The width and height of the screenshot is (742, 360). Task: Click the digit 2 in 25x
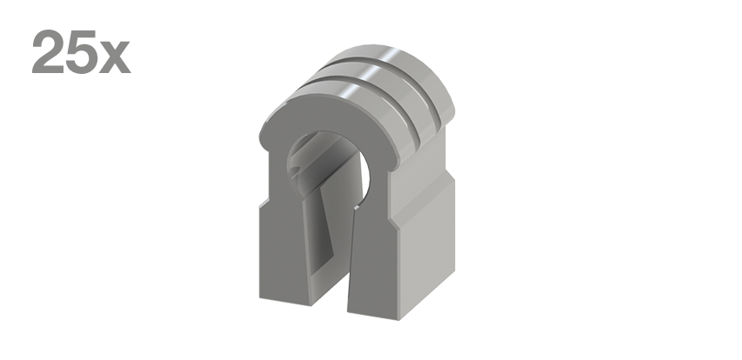(47, 51)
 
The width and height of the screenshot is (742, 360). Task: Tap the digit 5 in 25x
(81, 52)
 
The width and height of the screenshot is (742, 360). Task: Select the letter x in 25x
(115, 57)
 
